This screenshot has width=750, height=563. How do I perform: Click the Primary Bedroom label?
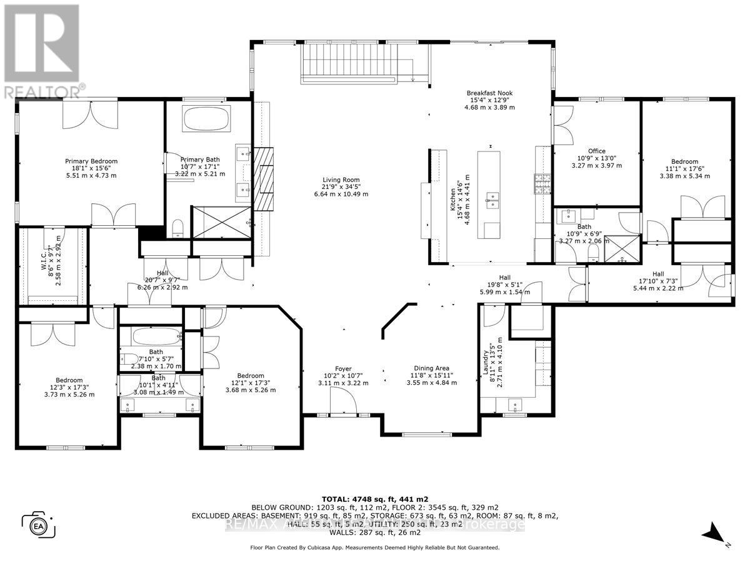click(x=91, y=168)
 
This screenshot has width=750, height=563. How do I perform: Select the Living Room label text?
click(x=341, y=186)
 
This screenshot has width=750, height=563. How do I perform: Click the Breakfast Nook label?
click(x=489, y=99)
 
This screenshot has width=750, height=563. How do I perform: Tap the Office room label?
click(x=597, y=158)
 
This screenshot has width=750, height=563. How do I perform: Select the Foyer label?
click(x=342, y=376)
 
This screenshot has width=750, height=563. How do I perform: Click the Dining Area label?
click(x=432, y=375)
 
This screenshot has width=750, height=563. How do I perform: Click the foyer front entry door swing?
click(x=342, y=400)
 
